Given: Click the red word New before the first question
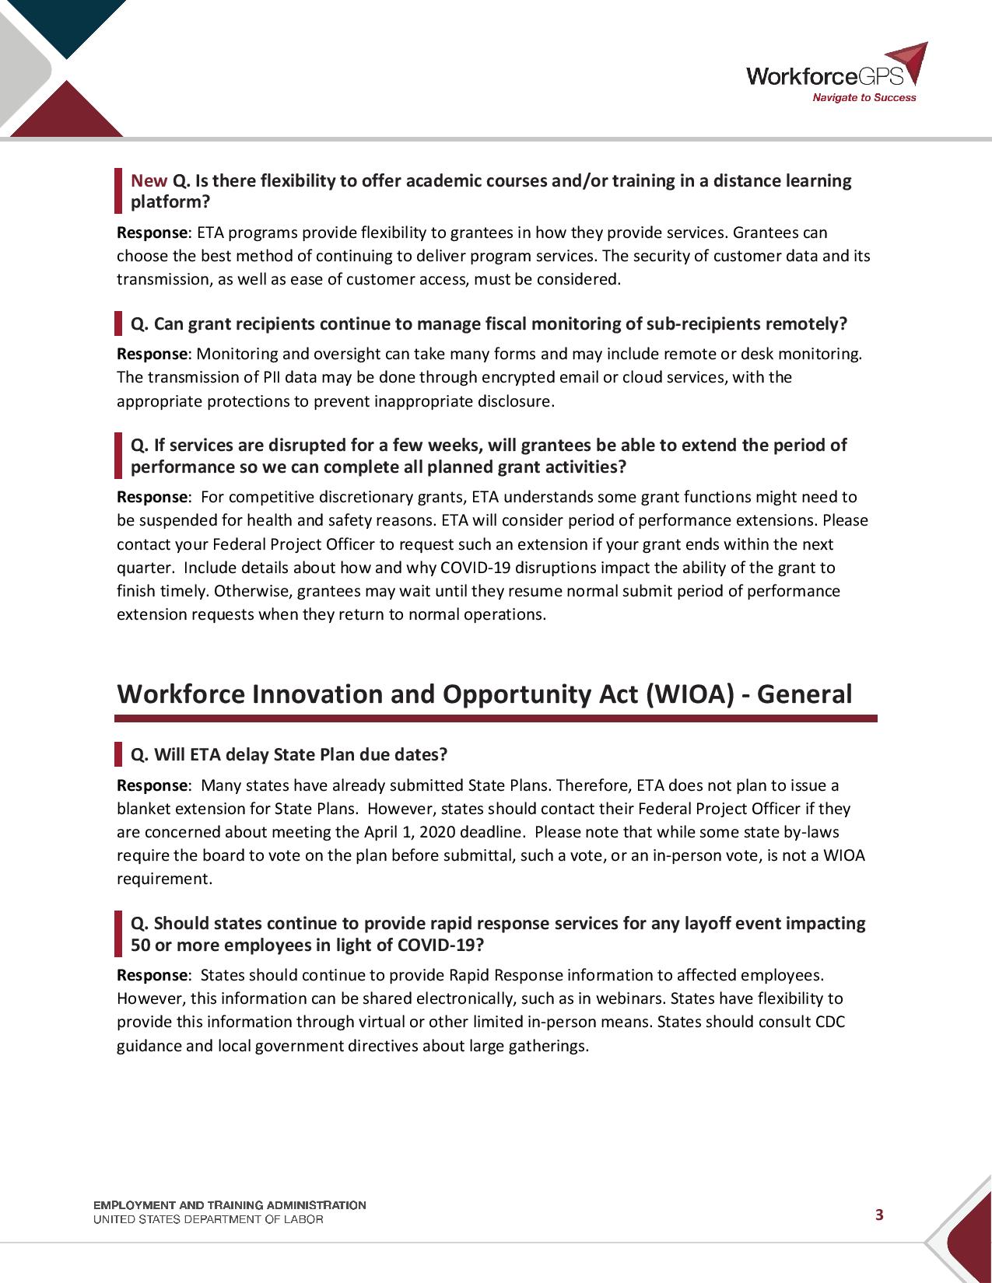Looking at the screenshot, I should pyautogui.click(x=149, y=181).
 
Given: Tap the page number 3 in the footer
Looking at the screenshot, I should pyautogui.click(x=879, y=1215).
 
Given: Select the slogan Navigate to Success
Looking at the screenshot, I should pyautogui.click(x=864, y=98).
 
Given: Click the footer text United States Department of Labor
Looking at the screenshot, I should pyautogui.click(x=208, y=1220).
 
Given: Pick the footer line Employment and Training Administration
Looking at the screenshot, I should pyautogui.click(x=230, y=1205).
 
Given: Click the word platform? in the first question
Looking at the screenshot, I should pyautogui.click(x=170, y=202).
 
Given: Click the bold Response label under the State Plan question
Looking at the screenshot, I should pyautogui.click(x=152, y=785).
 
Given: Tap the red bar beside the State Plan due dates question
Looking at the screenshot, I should pyautogui.click(x=118, y=754).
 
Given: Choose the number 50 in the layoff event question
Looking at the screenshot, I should pyautogui.click(x=140, y=946).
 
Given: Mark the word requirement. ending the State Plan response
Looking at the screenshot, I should pyautogui.click(x=164, y=879).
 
